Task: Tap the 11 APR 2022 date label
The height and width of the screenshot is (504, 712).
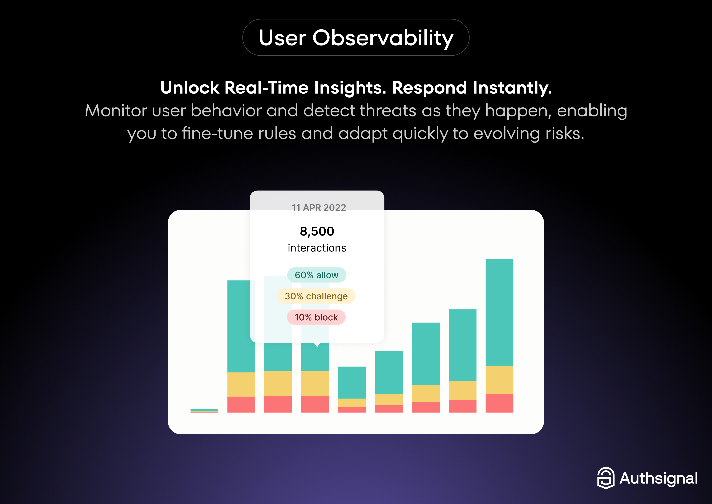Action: [319, 207]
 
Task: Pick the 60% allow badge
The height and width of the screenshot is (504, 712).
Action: [316, 275]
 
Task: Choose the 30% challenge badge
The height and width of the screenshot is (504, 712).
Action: [316, 296]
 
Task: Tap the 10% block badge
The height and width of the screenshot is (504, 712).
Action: [316, 317]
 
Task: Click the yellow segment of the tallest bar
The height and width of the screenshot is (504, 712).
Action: [499, 380]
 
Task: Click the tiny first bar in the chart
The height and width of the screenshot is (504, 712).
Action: [204, 410]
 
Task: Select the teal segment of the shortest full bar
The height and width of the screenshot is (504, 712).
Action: [352, 382]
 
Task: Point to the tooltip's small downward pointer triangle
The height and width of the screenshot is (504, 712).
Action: [317, 345]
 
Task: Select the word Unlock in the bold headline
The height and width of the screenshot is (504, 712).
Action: [190, 88]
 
